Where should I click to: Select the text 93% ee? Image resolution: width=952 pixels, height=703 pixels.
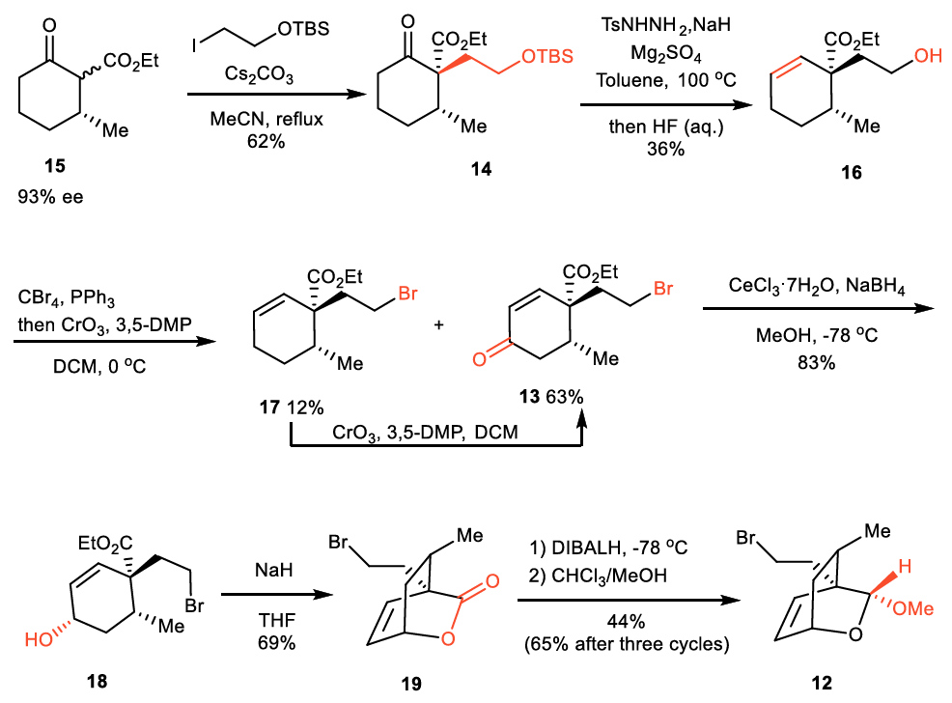[54, 198]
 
